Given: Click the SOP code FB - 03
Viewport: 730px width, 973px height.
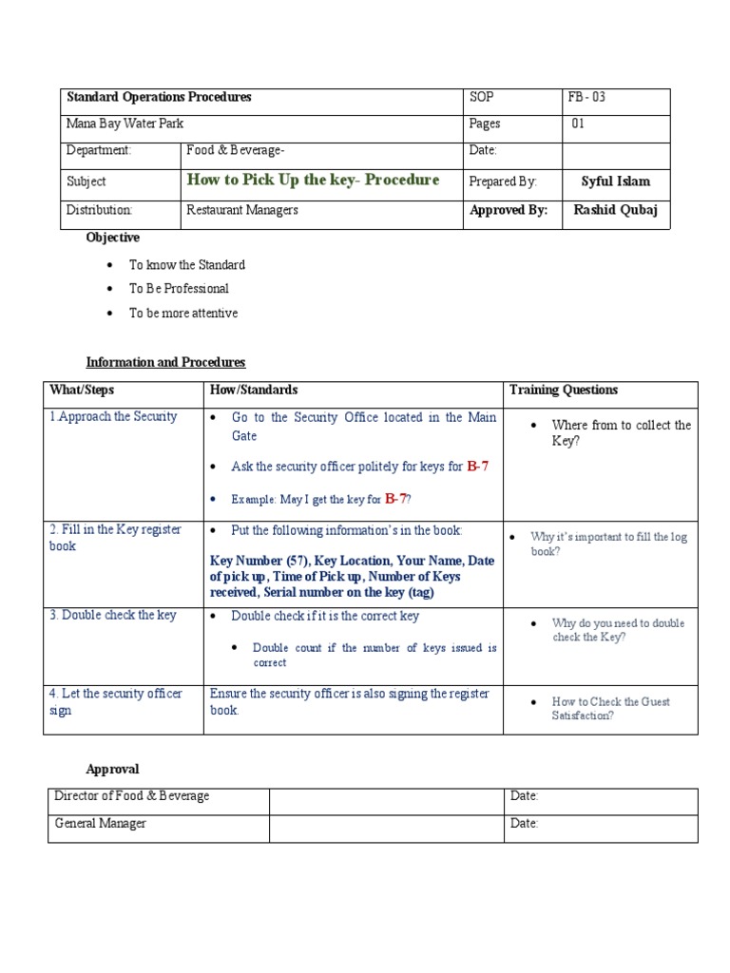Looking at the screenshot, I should (586, 98).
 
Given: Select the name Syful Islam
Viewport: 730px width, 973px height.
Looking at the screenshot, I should (615, 181).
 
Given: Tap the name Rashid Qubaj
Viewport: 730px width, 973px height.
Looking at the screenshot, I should (615, 211).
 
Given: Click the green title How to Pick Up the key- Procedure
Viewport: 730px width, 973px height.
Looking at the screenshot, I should (313, 181).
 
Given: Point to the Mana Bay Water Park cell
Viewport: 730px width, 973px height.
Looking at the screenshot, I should (125, 124).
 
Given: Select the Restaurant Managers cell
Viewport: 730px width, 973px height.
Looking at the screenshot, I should (241, 211).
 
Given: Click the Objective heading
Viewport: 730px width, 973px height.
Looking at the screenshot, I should (112, 238).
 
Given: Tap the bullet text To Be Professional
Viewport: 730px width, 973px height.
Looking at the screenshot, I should (179, 289).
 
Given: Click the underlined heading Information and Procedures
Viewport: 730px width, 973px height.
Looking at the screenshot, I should (165, 363).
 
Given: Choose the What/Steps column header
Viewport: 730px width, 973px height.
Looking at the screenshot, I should (82, 391).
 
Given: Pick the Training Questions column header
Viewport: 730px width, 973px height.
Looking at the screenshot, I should (563, 391).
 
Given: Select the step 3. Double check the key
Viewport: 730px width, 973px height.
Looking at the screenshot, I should (113, 616).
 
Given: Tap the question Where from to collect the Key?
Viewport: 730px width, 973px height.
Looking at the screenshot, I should (621, 433).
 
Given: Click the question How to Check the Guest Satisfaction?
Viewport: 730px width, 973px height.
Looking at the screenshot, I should (610, 709).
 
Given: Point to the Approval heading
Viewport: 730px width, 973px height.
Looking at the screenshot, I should (112, 770).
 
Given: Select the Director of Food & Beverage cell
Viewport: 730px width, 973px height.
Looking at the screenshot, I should (132, 796).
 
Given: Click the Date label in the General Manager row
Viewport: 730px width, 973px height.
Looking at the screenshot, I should (524, 824).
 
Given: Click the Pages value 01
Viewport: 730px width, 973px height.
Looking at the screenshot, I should (578, 124).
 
